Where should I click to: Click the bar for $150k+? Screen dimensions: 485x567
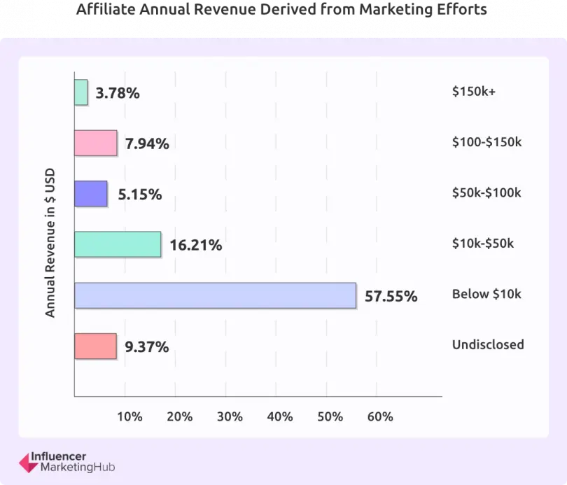(81, 92)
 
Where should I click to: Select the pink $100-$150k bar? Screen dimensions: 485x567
(96, 143)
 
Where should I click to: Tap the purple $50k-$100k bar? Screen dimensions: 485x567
(91, 194)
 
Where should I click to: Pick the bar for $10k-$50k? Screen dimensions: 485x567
(118, 244)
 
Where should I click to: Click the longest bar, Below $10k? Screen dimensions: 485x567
(215, 295)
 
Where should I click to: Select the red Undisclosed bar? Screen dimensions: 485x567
(95, 346)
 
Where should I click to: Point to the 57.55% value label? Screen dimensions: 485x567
(391, 296)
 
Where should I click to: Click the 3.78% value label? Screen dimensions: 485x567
(118, 93)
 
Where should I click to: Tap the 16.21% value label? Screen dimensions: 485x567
(196, 245)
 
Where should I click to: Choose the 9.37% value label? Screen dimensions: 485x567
(147, 346)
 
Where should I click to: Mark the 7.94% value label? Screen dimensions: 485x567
(147, 144)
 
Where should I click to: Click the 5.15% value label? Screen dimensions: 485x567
(140, 195)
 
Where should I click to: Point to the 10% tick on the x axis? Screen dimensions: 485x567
(129, 416)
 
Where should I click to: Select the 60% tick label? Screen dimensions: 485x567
(380, 416)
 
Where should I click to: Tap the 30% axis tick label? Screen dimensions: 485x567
(230, 416)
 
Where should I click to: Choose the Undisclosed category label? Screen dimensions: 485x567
(488, 344)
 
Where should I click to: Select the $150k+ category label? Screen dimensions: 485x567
(474, 92)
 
